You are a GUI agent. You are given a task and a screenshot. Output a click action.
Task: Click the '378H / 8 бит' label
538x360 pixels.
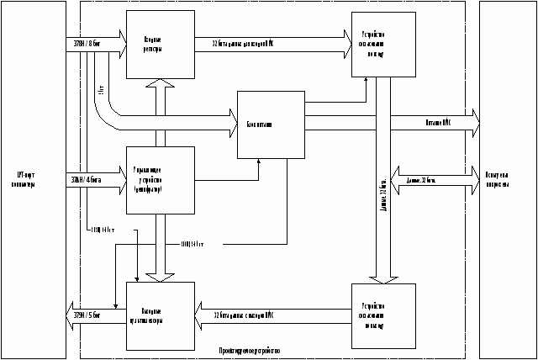(x=84, y=38)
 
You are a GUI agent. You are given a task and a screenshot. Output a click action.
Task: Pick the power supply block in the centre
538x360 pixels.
(x=270, y=124)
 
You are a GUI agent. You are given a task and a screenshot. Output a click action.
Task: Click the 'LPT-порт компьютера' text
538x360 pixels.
(x=26, y=180)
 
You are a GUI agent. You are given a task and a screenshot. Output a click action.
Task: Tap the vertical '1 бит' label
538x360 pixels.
(x=101, y=88)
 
